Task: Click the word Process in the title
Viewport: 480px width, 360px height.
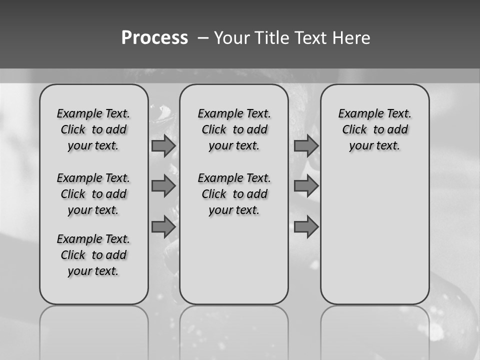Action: pyautogui.click(x=154, y=38)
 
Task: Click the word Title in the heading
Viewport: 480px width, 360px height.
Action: pyautogui.click(x=271, y=38)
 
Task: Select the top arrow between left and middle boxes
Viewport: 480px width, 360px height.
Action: pyautogui.click(x=163, y=146)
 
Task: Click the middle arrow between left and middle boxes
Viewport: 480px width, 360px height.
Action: pyautogui.click(x=163, y=186)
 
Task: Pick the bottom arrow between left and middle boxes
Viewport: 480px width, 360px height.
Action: pyautogui.click(x=163, y=227)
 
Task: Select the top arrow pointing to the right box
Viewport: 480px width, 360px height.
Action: pyautogui.click(x=306, y=146)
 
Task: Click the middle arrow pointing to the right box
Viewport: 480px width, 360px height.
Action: pyautogui.click(x=306, y=186)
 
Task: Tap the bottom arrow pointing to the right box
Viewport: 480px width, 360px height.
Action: pyautogui.click(x=306, y=227)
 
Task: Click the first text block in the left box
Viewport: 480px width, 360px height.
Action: pyautogui.click(x=93, y=129)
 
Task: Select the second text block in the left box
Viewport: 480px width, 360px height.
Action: pyautogui.click(x=93, y=194)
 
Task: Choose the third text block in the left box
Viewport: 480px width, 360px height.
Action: pyautogui.click(x=93, y=255)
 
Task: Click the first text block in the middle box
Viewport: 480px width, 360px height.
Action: pyautogui.click(x=234, y=129)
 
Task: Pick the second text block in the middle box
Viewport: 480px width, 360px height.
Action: pyautogui.click(x=234, y=194)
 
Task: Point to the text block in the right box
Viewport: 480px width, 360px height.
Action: pyautogui.click(x=374, y=129)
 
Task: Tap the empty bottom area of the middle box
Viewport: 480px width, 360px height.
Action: pyautogui.click(x=234, y=265)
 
